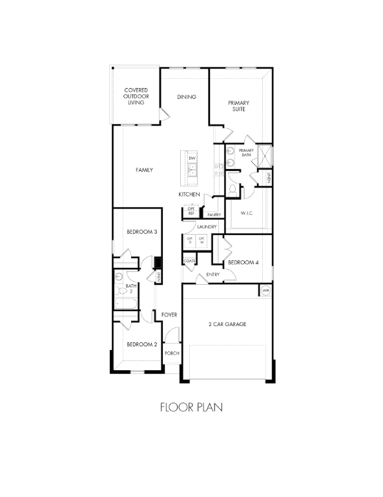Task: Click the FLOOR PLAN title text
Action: click(x=191, y=408)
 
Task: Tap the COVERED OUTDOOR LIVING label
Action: click(x=136, y=96)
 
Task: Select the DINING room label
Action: click(x=187, y=97)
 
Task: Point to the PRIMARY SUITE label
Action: click(x=238, y=106)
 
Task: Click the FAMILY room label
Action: click(x=144, y=170)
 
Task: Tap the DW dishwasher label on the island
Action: click(x=192, y=159)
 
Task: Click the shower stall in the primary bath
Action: click(x=265, y=157)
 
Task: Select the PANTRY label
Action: click(x=214, y=215)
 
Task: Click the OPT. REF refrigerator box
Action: click(x=191, y=211)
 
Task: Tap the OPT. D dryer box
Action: click(x=190, y=241)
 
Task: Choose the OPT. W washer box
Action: click(x=202, y=241)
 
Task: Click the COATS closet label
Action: click(x=189, y=261)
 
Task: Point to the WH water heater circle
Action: click(x=265, y=291)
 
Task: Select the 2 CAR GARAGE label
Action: click(x=227, y=324)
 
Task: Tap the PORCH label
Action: click(x=171, y=353)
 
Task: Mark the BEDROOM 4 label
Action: click(x=243, y=263)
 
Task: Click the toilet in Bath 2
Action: click(x=120, y=276)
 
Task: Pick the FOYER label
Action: click(x=169, y=315)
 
